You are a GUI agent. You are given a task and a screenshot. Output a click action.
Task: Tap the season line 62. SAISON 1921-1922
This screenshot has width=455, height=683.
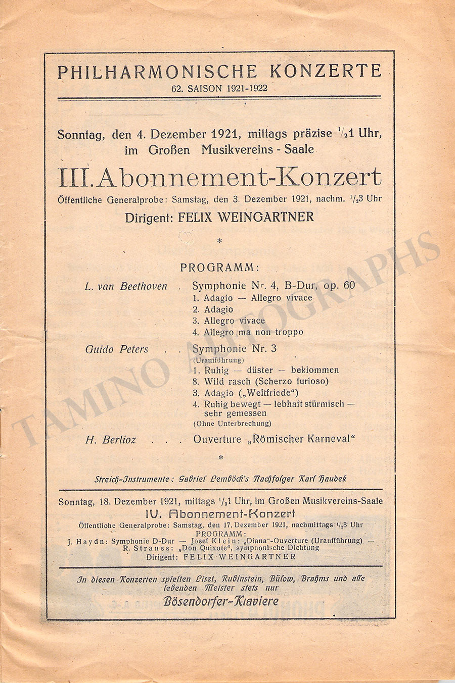click(219, 88)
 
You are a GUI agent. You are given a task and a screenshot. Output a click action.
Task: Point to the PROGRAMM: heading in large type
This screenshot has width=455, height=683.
click(220, 268)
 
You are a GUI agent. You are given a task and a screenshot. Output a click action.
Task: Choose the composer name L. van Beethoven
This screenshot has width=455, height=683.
click(126, 286)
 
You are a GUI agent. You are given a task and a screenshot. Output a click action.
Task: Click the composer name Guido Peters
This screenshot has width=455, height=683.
click(117, 349)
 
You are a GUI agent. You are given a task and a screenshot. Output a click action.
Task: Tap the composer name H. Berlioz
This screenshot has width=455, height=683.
click(111, 440)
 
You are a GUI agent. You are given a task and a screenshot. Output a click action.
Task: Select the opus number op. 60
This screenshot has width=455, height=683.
click(339, 286)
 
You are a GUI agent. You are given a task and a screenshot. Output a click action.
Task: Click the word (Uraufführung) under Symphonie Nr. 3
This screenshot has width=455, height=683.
click(218, 360)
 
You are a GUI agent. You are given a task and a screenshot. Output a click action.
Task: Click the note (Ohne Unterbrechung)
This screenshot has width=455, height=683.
click(232, 424)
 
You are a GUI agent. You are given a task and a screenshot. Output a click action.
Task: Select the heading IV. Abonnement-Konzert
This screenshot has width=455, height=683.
click(220, 514)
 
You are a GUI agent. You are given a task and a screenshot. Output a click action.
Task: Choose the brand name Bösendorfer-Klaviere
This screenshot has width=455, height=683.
click(221, 601)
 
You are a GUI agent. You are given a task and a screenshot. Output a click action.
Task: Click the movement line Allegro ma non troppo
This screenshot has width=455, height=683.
click(253, 332)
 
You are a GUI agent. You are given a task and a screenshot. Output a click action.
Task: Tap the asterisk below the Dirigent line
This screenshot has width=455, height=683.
click(219, 242)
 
